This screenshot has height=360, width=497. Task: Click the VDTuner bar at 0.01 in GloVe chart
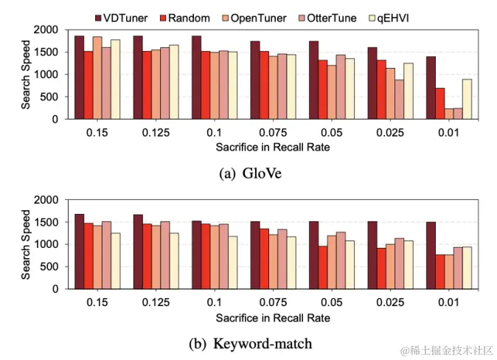click(431, 88)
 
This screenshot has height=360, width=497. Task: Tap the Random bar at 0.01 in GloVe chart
click(439, 103)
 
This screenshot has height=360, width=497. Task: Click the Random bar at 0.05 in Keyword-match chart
click(322, 267)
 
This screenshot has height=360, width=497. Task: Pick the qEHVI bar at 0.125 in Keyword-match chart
click(174, 260)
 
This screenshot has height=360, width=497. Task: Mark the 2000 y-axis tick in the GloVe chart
click(49, 30)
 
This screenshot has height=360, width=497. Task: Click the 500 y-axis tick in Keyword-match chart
click(52, 266)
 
